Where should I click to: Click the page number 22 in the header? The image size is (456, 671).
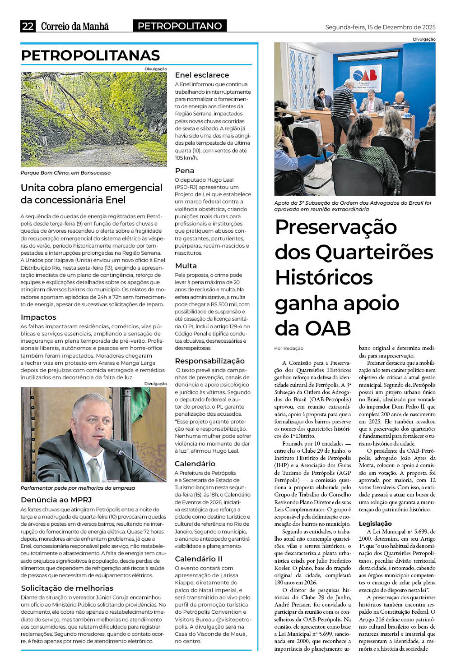28,26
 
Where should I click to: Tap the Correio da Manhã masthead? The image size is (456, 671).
74,26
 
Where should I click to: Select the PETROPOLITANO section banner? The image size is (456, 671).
180,26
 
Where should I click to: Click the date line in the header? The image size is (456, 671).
380,27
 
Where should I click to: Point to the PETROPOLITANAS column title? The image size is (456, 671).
90,55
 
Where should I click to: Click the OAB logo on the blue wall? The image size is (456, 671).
365,75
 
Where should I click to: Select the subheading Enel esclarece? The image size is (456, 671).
202,75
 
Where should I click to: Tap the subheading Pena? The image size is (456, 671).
184,170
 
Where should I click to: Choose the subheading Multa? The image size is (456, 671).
186,266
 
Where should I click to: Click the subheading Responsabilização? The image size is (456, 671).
209,361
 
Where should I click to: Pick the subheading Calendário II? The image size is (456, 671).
198,559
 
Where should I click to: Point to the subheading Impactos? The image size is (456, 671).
38,317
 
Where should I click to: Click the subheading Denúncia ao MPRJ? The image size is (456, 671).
56,500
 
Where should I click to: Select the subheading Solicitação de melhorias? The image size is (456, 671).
67,588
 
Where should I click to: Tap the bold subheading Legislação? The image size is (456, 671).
375,524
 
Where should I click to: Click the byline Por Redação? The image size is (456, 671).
289,348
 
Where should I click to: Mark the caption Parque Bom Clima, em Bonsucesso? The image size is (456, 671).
65,173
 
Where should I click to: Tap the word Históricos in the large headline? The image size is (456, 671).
324,277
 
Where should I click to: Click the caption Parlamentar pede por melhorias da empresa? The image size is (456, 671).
78,488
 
